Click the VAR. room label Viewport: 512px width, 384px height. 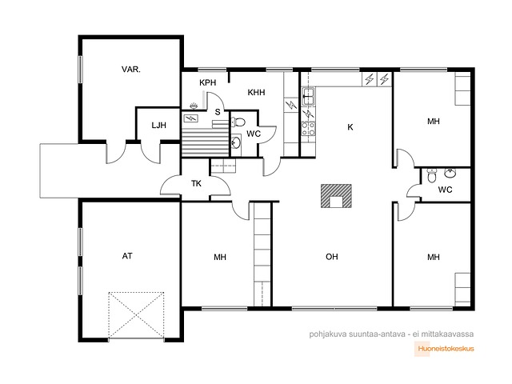(131, 70)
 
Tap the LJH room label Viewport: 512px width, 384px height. (158, 125)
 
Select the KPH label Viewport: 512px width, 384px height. (208, 82)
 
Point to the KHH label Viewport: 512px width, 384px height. (256, 93)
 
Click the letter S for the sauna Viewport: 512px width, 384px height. (218, 112)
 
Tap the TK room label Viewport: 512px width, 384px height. (196, 183)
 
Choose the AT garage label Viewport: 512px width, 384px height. (127, 256)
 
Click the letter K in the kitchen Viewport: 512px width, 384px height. (350, 127)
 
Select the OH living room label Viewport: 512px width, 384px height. (332, 257)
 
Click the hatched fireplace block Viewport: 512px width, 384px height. (336, 196)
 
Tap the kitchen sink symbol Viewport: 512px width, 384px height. (308, 96)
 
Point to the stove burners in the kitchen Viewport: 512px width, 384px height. (308, 128)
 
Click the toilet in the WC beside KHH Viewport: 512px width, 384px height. (238, 122)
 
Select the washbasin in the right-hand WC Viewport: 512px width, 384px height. (450, 174)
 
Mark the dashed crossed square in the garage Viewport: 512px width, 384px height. (136, 315)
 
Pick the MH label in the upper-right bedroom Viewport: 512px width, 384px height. (434, 122)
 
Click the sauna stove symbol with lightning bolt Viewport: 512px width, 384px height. (190, 118)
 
